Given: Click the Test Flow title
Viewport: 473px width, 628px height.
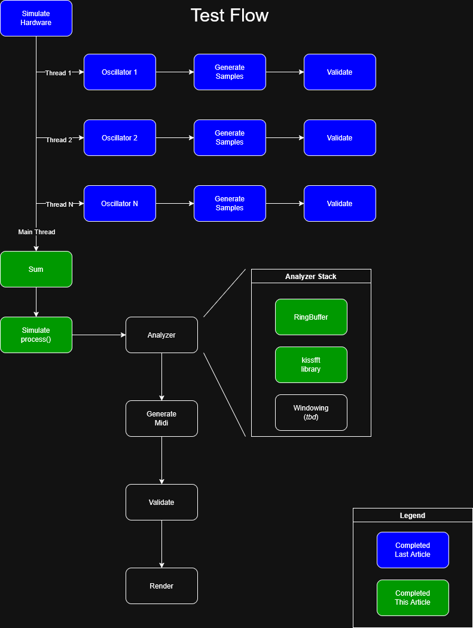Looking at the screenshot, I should pos(230,16).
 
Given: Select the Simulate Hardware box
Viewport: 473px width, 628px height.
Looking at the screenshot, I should pos(36,19).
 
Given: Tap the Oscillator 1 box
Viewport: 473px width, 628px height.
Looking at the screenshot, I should pos(120,72).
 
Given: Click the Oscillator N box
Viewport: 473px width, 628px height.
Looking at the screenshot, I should pos(120,204).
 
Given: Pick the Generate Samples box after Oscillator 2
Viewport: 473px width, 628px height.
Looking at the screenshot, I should pos(230,138).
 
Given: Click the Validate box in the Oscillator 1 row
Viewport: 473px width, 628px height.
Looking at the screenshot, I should pos(340,72).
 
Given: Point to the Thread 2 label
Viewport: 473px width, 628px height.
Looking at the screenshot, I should pos(59,140).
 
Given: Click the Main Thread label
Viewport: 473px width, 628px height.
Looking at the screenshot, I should pos(36,232).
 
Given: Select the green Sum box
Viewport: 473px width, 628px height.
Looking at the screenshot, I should pos(36,269).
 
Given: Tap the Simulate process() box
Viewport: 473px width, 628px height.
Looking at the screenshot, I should pos(36,335).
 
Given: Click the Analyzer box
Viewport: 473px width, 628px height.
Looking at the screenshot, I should pos(161,335).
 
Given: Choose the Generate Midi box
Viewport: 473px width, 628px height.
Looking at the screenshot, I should pos(161,419).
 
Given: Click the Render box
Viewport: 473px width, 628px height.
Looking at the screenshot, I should pos(161,586).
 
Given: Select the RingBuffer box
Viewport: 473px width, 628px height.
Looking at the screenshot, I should pos(311,317).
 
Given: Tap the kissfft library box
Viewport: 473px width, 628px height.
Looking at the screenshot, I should pos(311,365).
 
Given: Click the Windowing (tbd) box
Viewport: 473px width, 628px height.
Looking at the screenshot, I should pos(311,413).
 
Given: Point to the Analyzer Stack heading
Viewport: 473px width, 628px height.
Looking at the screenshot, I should pos(311,277).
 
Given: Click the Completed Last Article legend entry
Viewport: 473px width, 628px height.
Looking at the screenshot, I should pos(413,550).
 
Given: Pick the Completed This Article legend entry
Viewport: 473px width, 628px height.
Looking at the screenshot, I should pos(413,598).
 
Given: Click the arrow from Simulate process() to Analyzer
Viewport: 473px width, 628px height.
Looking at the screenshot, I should pos(99,335).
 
